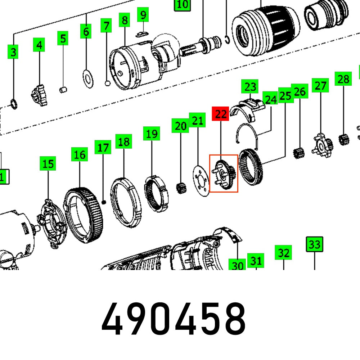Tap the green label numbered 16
click(79, 155)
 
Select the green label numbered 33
click(314, 244)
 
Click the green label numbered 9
click(143, 15)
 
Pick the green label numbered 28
click(343, 79)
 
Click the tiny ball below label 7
click(107, 84)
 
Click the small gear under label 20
click(181, 188)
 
